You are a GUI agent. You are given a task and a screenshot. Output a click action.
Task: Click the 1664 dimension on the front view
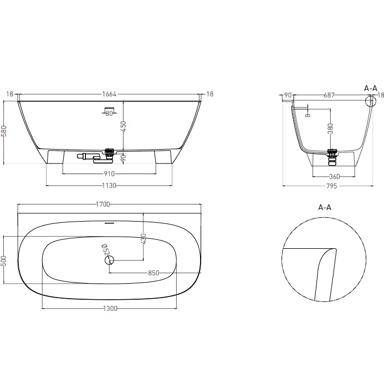click(x=109, y=94)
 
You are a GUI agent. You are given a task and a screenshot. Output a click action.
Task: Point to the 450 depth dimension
click(x=125, y=126)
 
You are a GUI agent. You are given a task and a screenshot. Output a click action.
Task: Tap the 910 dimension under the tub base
click(x=109, y=173)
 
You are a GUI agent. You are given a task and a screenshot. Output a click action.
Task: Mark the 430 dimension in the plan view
click(x=144, y=239)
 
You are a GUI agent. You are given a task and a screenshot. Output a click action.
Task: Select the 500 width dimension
click(x=5, y=260)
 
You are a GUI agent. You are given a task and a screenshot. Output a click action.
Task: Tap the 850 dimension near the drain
click(x=153, y=273)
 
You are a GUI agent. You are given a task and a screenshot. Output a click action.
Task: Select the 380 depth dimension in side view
click(x=331, y=129)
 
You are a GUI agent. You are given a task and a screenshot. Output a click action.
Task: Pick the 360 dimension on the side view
click(x=334, y=177)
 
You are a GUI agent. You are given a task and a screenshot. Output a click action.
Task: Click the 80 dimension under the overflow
click(x=109, y=114)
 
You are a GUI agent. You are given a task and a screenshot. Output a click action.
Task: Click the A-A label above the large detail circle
click(x=324, y=207)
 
